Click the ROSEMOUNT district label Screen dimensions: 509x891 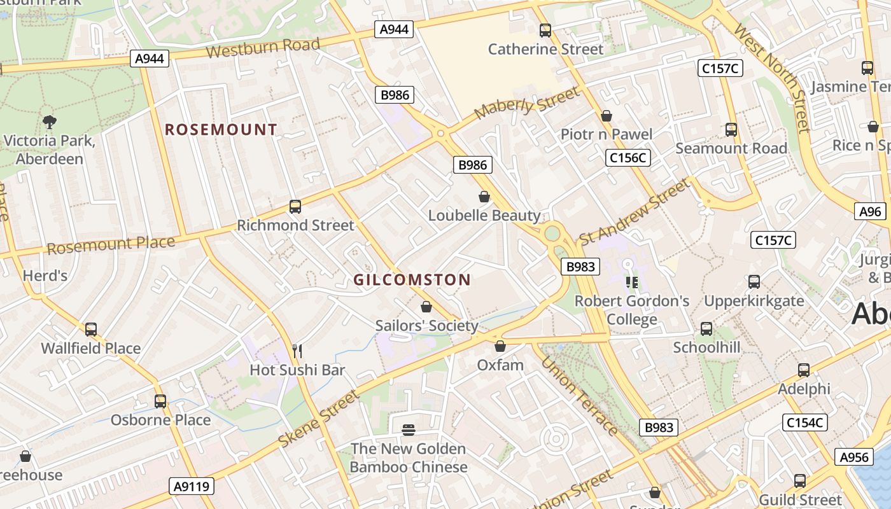(x=221, y=130)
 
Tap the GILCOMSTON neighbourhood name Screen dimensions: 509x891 (x=412, y=280)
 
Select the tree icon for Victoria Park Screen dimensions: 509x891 (x=49, y=122)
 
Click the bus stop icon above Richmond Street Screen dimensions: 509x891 (x=295, y=206)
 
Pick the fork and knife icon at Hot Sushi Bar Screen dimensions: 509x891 (x=297, y=351)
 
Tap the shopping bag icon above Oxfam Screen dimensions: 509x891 (x=500, y=346)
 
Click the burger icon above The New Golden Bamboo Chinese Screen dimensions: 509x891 (x=409, y=430)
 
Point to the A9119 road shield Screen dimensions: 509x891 (x=193, y=487)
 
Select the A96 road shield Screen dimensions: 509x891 (x=870, y=212)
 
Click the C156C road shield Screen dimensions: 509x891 (x=628, y=158)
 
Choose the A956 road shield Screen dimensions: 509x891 (x=854, y=457)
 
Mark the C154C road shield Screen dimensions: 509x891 (x=804, y=422)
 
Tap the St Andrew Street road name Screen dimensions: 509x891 (x=633, y=212)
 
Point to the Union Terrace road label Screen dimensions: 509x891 (x=579, y=396)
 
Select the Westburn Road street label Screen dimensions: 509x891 (x=262, y=48)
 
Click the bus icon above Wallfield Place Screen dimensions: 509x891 (x=91, y=329)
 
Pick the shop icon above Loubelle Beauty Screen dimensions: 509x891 (x=484, y=197)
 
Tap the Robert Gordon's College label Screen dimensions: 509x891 (x=632, y=310)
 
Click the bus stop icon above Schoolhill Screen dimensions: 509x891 (x=706, y=329)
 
